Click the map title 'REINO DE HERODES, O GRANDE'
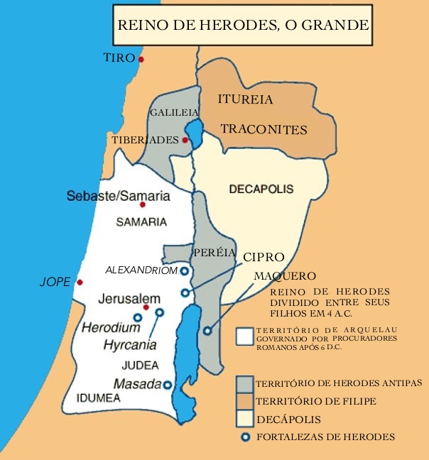pos(242,25)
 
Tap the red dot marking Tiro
pos(141,60)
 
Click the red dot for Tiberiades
pos(185,141)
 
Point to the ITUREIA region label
pos(245,99)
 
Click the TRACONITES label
pos(264,130)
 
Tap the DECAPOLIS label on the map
pos(261,189)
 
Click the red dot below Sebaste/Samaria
pos(142,205)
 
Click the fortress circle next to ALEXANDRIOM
pos(184,270)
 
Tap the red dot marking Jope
pos(80,282)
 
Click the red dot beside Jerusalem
pos(146,307)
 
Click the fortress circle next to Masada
pos(168,385)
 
